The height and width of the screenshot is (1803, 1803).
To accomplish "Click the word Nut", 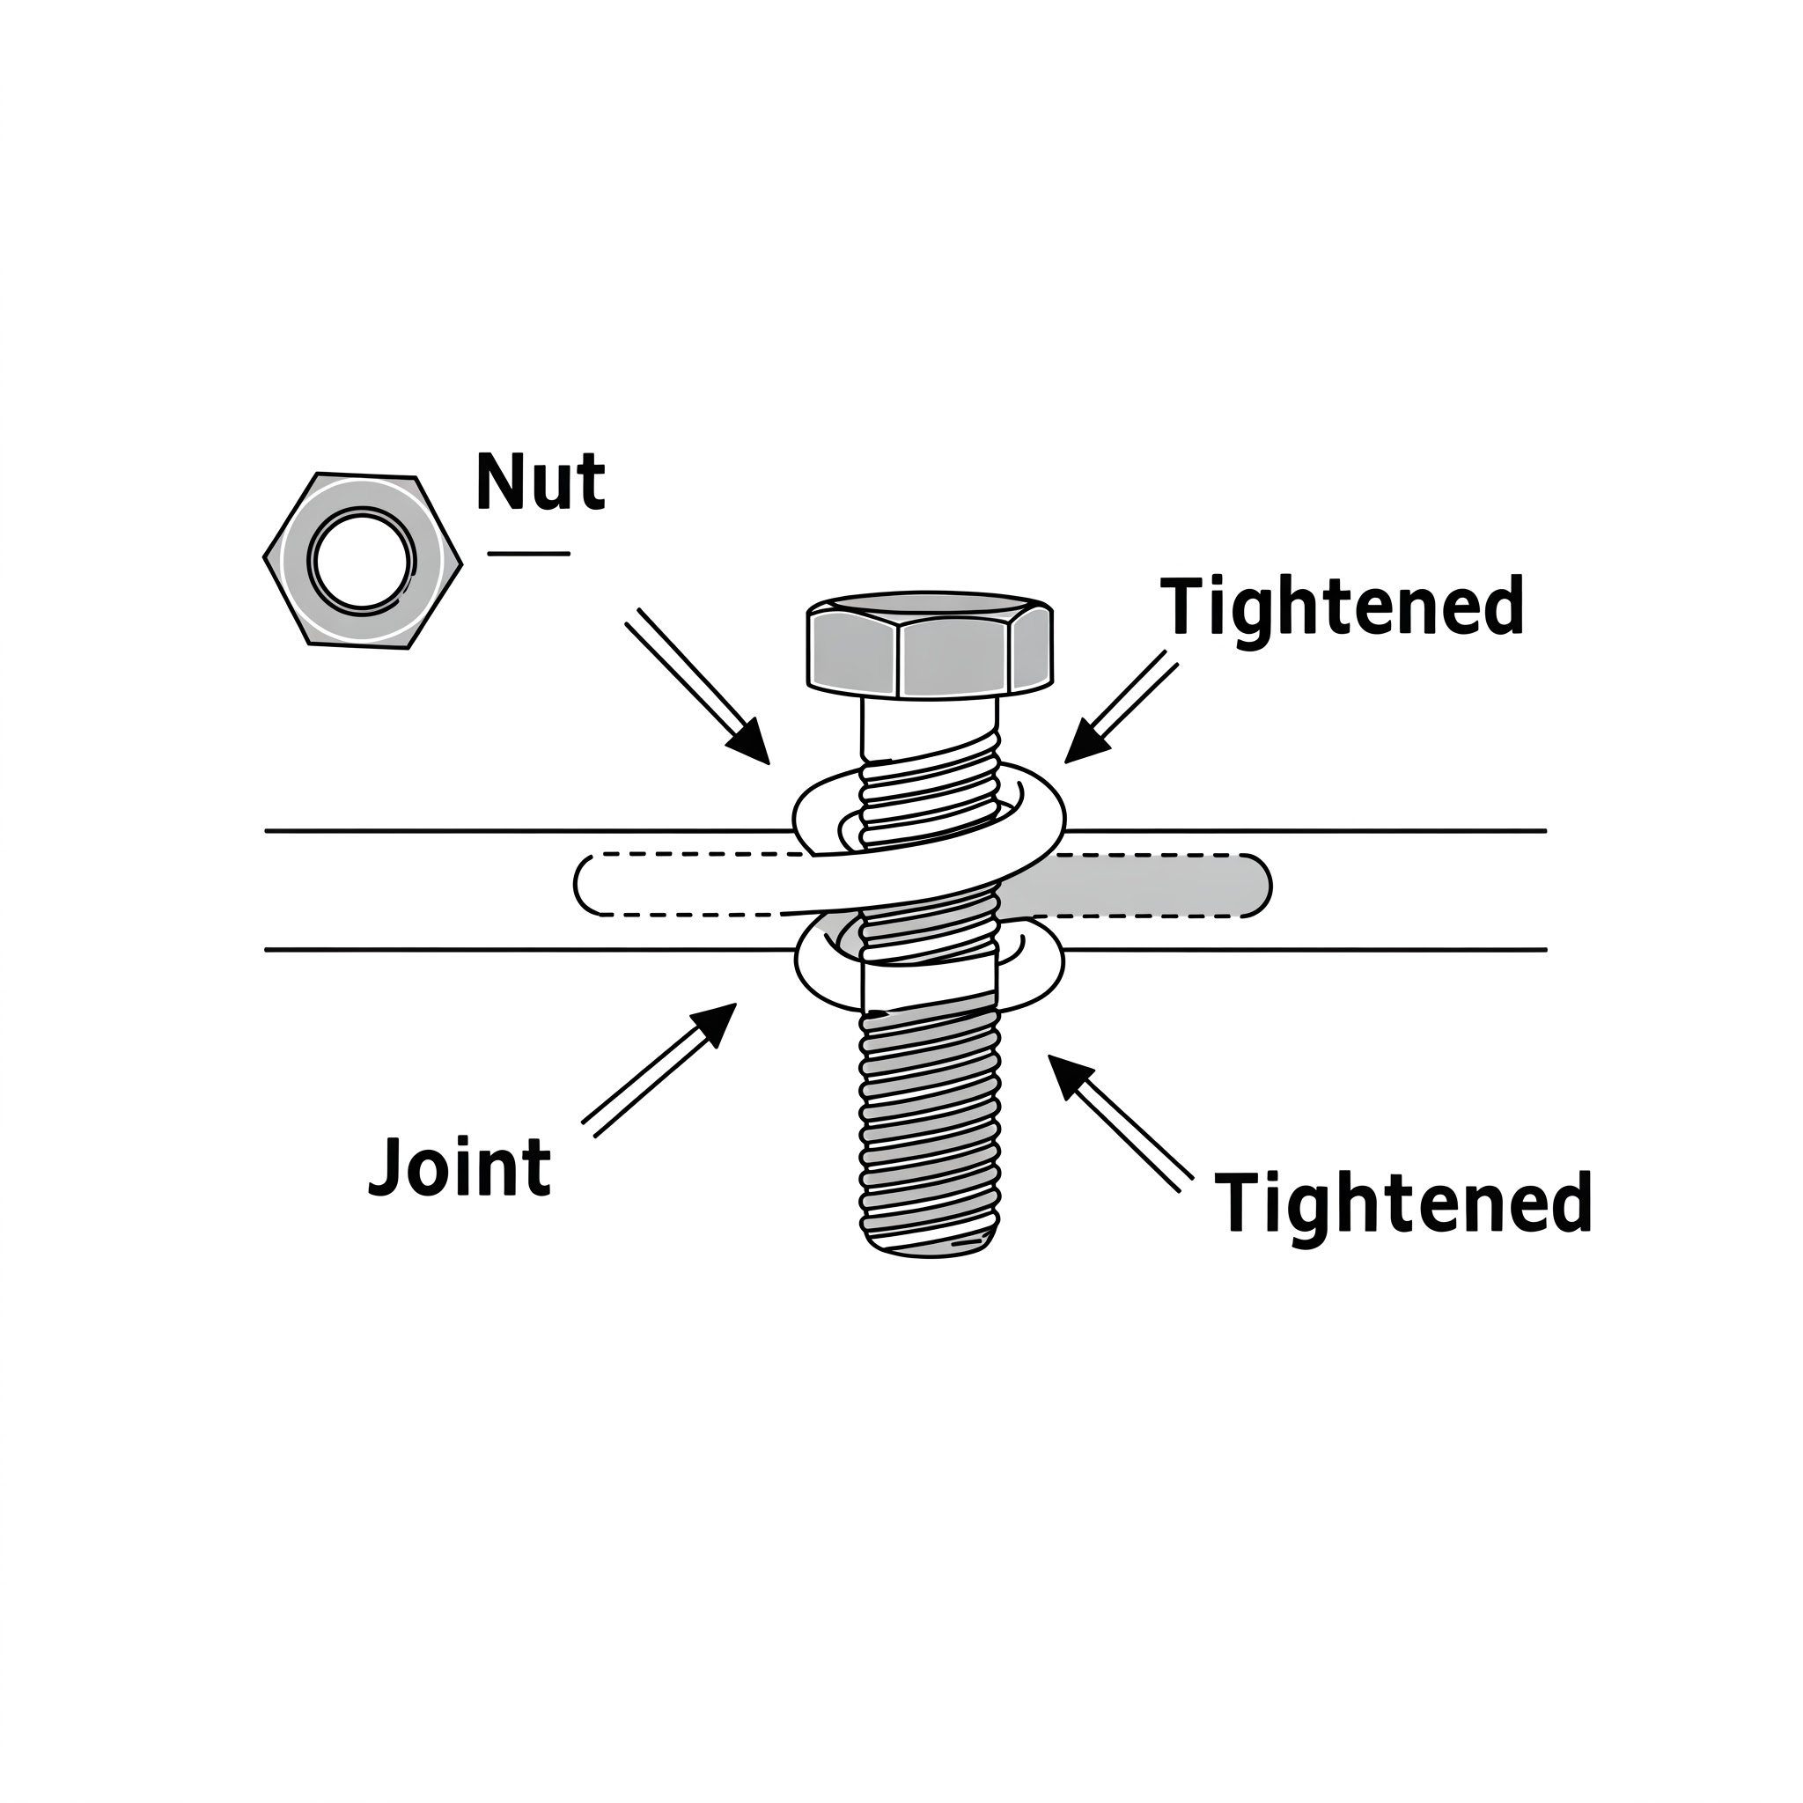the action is [x=541, y=482].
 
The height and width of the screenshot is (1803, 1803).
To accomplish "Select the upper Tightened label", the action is [x=1342, y=607].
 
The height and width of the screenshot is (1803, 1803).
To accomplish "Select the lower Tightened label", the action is [x=1402, y=1203].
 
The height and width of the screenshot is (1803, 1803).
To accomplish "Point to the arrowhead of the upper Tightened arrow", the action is [x=1083, y=746].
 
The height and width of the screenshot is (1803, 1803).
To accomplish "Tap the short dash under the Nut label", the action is [x=528, y=554].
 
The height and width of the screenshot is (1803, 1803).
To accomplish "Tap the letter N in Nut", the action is [x=497, y=482].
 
